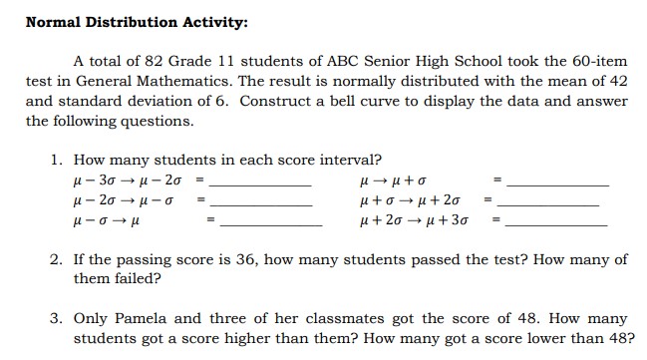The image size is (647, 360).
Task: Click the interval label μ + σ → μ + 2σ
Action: pos(411,202)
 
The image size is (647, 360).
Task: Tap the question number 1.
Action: pos(56,160)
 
